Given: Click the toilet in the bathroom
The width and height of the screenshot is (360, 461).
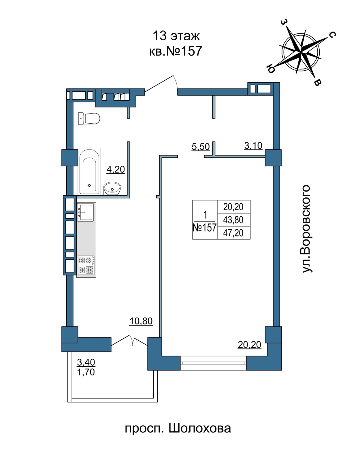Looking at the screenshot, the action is click(89, 118).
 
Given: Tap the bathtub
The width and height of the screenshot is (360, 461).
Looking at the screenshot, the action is click(89, 171).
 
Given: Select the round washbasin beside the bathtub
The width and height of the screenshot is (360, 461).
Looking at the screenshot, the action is click(112, 188).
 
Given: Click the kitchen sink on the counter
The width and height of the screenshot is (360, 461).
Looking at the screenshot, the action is click(85, 212).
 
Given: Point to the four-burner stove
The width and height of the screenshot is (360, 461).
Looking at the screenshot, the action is click(86, 265).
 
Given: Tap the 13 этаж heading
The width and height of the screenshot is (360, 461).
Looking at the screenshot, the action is click(176, 36).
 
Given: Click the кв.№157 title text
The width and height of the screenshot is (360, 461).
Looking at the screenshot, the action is click(176, 51).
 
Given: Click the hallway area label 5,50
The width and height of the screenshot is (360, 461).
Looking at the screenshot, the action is click(201, 147).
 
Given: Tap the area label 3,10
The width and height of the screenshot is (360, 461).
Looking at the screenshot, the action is click(253, 146).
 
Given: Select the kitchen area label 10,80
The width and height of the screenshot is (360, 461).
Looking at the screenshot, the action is click(141, 321).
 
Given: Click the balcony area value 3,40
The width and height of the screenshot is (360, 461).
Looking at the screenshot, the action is click(86, 362).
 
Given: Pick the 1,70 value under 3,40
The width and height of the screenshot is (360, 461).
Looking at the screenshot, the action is click(86, 372).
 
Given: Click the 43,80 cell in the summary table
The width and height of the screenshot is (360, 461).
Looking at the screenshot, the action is click(233, 220).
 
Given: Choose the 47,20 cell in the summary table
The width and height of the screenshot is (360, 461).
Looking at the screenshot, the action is click(233, 233).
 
